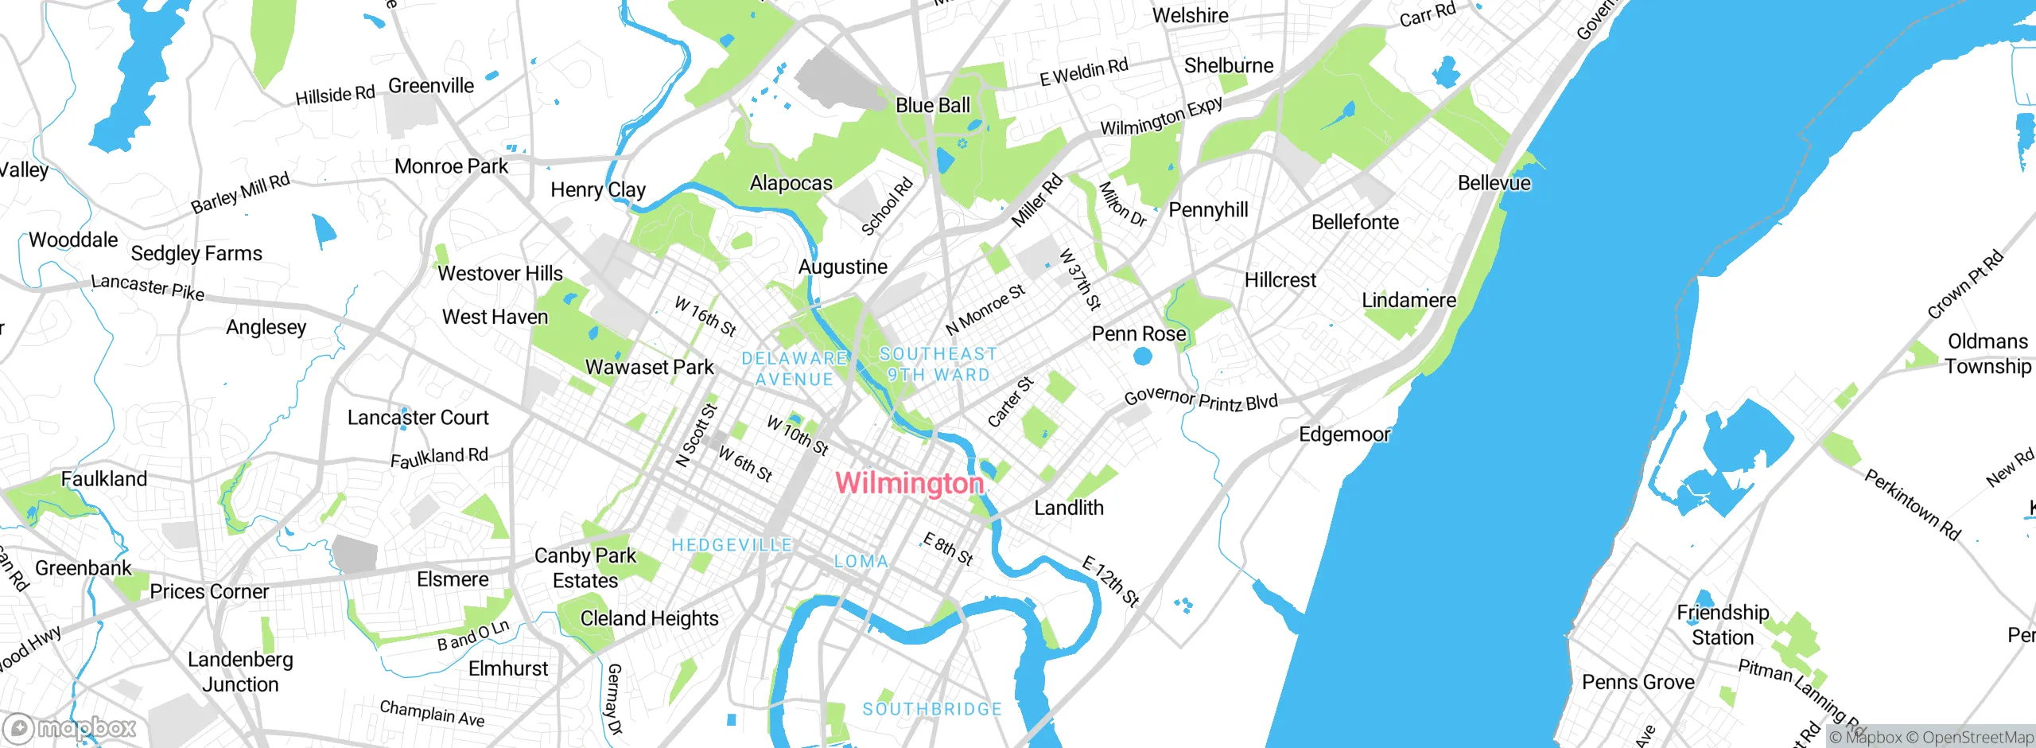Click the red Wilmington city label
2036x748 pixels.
(x=910, y=483)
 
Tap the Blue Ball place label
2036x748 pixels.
(x=933, y=105)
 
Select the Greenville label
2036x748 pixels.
(x=431, y=85)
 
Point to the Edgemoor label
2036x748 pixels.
(x=1344, y=434)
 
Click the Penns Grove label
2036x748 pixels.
(x=1638, y=682)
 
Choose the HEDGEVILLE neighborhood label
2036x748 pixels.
(x=732, y=545)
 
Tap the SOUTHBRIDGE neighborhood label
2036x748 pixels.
(x=932, y=709)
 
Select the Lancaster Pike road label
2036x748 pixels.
(x=148, y=287)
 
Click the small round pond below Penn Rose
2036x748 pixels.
(x=1143, y=356)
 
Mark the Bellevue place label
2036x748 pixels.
(x=1494, y=183)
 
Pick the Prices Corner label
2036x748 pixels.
(x=209, y=591)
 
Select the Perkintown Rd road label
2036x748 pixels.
(x=1913, y=505)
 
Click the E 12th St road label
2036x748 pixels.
(x=1111, y=582)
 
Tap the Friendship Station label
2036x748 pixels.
(x=1723, y=625)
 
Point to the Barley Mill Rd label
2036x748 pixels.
(x=240, y=193)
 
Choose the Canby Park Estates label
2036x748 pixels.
(x=585, y=568)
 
